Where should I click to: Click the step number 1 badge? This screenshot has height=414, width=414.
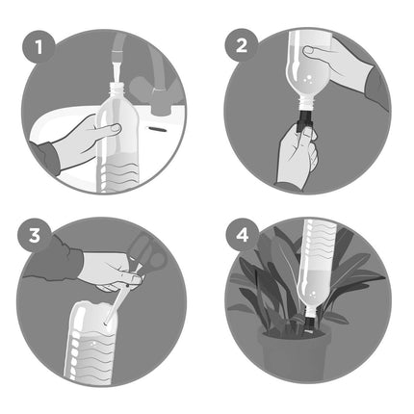[39, 47]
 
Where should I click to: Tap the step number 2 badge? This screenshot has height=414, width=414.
[242, 45]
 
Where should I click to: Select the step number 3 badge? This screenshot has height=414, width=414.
[34, 236]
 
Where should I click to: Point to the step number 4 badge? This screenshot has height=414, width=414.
[243, 235]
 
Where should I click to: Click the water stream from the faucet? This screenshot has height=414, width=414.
[117, 72]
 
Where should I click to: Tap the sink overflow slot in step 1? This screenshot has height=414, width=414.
[158, 129]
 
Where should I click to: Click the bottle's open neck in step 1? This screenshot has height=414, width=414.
[117, 88]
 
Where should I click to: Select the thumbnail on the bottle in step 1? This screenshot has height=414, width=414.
[116, 128]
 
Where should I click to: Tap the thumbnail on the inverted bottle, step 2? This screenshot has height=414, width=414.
[310, 50]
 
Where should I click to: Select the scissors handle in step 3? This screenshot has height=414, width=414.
[148, 251]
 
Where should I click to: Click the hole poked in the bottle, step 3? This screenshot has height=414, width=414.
[106, 324]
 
